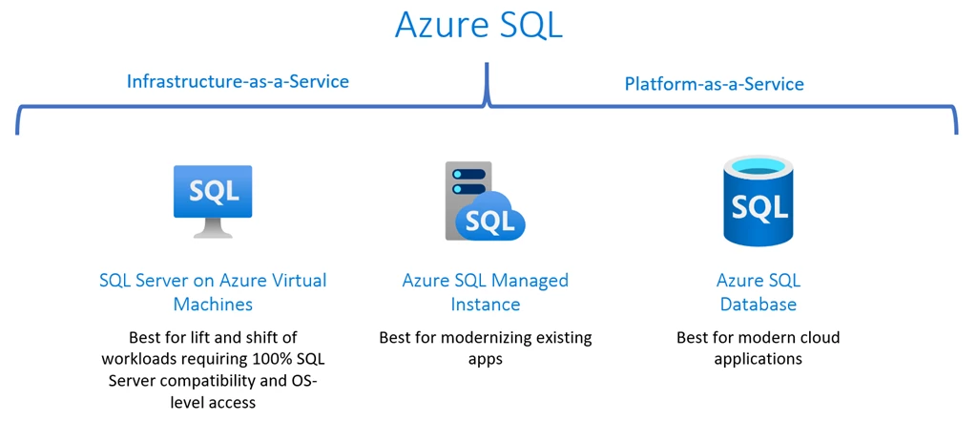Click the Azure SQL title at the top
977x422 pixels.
[479, 26]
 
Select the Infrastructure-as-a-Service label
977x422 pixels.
[238, 81]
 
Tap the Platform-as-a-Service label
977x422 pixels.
[714, 84]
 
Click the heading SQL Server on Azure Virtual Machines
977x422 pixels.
[213, 292]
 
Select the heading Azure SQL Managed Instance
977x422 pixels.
[485, 292]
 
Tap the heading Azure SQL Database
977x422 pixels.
[758, 292]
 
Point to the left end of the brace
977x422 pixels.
[17, 129]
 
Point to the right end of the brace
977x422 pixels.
[956, 129]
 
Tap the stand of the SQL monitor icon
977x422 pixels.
[213, 230]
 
